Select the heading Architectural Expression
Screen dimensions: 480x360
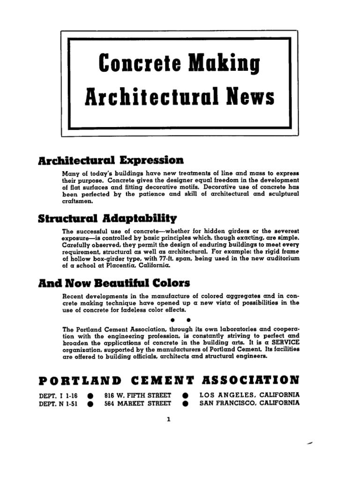click(x=111, y=160)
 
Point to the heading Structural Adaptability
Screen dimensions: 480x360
click(x=107, y=218)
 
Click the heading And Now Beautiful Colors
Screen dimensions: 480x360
click(x=114, y=283)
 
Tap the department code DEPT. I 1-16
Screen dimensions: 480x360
click(x=59, y=395)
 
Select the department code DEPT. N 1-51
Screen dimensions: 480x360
click(x=59, y=403)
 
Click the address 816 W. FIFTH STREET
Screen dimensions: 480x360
click(x=138, y=395)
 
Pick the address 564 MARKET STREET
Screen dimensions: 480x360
click(x=138, y=403)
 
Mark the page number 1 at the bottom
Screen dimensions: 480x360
click(x=168, y=420)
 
